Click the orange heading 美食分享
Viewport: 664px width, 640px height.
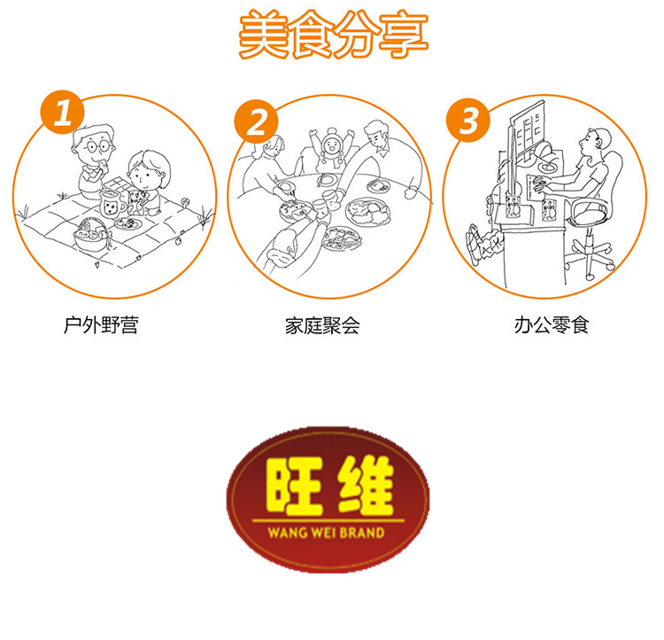pyautogui.click(x=334, y=34)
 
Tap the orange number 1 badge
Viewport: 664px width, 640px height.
pyautogui.click(x=63, y=113)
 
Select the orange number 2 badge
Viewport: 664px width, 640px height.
pyautogui.click(x=257, y=121)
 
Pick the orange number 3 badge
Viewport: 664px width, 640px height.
pyautogui.click(x=468, y=120)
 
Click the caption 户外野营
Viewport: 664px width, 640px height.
pyautogui.click(x=101, y=325)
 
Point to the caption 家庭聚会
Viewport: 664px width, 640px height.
pyautogui.click(x=322, y=325)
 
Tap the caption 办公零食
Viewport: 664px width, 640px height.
pyautogui.click(x=552, y=325)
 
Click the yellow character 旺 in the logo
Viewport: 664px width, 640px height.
pyautogui.click(x=295, y=486)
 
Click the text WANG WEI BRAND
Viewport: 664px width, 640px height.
pyautogui.click(x=326, y=533)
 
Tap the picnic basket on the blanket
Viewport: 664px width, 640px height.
pyautogui.click(x=90, y=236)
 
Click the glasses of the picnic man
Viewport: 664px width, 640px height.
pyautogui.click(x=97, y=146)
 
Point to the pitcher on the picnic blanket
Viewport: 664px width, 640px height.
pyautogui.click(x=112, y=204)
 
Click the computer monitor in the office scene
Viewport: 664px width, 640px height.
pyautogui.click(x=527, y=130)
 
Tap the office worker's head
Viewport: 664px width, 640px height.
pyautogui.click(x=596, y=142)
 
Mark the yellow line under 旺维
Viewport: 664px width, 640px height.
pyautogui.click(x=328, y=520)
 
